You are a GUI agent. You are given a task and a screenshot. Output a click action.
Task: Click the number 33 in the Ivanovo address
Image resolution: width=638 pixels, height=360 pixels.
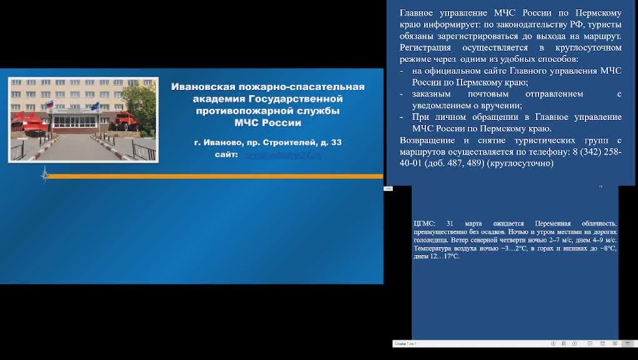click(336, 142)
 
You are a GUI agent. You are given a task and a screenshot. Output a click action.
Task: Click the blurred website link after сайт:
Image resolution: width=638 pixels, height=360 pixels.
click(282, 155)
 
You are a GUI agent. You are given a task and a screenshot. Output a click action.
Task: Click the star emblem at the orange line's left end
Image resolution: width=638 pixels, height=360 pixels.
click(44, 176)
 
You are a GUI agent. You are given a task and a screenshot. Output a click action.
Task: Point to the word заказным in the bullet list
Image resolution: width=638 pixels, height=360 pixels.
click(432, 94)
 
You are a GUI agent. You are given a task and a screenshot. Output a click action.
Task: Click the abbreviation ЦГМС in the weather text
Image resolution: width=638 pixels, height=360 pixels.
click(423, 224)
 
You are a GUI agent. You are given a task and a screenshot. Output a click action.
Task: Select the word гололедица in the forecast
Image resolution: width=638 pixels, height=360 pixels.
click(431, 239)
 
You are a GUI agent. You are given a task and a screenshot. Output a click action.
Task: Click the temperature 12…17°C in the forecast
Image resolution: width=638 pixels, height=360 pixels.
click(445, 256)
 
